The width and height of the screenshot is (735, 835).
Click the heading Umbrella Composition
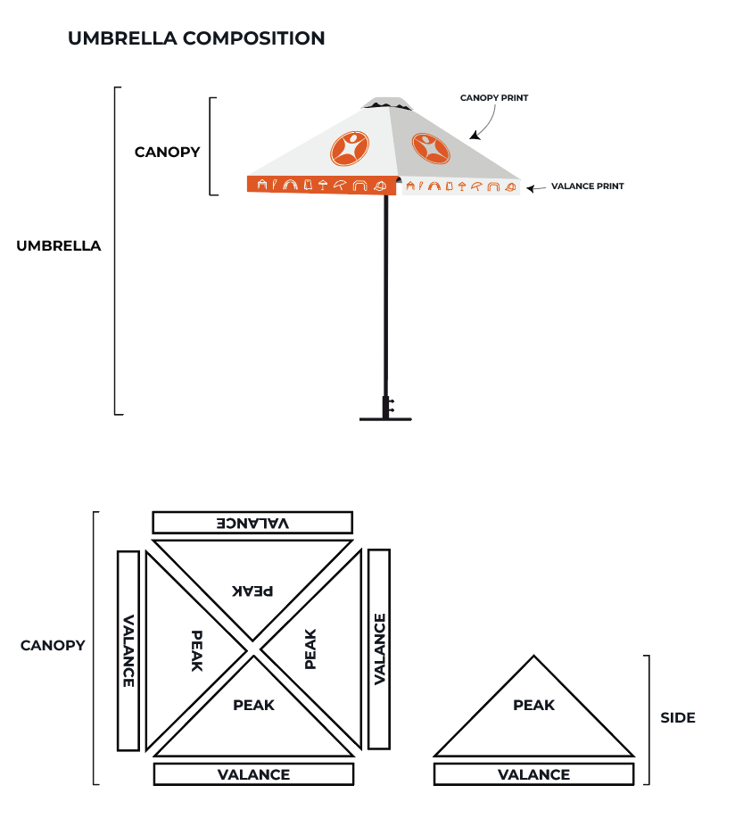pos(196,38)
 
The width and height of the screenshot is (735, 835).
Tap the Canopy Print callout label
pos(494,98)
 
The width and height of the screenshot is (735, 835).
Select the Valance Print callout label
pos(587,186)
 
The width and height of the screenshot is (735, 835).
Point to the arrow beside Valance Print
pos(536,188)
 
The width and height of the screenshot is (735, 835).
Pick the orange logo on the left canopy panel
pos(349,149)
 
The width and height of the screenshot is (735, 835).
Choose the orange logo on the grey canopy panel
pos(431,148)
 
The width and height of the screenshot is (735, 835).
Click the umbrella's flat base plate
pos(386,417)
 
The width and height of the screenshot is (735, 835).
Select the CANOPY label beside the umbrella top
pos(168,152)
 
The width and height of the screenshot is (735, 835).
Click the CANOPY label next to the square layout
pos(53,645)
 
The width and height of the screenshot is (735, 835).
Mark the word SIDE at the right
pos(678,717)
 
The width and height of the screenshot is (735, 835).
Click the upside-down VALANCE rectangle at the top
pos(252,523)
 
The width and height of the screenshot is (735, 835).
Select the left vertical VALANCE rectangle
pos(128,649)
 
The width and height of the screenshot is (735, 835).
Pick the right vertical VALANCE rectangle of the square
pos(379,649)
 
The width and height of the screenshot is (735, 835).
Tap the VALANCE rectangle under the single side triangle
pos(533,774)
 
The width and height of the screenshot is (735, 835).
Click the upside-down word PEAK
pos(253,591)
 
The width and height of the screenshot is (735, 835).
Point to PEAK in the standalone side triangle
pos(533,705)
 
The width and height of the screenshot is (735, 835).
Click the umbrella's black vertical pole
pos(386,294)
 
